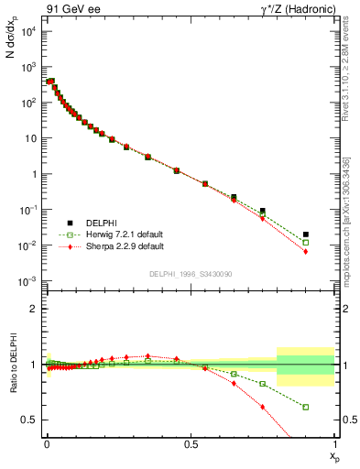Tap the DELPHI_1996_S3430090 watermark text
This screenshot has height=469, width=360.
pyautogui.click(x=191, y=274)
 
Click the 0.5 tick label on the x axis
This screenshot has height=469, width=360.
pyautogui.click(x=190, y=444)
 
